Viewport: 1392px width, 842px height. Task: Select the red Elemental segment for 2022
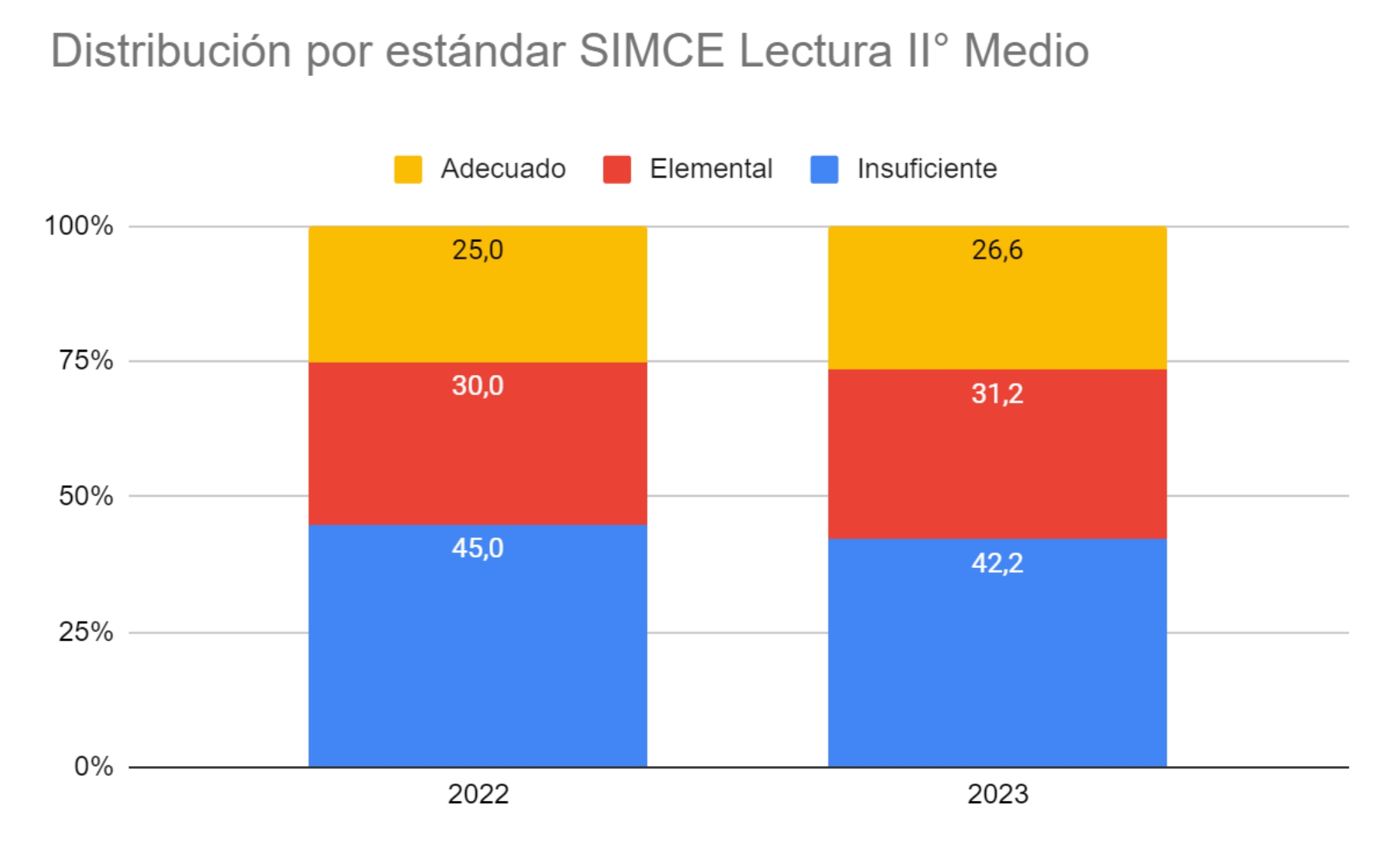pos(477,453)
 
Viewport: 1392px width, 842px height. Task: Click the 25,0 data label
pos(477,250)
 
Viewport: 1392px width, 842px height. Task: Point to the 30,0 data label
pos(477,385)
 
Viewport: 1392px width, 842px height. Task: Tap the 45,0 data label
pos(477,548)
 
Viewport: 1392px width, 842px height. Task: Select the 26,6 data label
pos(997,250)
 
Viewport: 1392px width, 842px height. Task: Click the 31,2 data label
pos(997,394)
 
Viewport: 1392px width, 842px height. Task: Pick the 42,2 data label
pos(997,563)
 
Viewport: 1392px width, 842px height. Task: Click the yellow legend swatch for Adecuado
pos(408,169)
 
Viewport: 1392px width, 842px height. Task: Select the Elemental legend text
pos(711,169)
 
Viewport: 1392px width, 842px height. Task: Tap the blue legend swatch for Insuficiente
pos(824,169)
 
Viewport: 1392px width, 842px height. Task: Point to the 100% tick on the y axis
pos(79,226)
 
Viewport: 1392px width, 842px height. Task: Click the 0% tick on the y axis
pos(93,766)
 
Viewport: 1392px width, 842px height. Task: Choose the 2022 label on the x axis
pos(478,794)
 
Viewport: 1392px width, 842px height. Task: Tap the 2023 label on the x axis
pos(998,794)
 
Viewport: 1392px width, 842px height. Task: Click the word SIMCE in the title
pos(651,51)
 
